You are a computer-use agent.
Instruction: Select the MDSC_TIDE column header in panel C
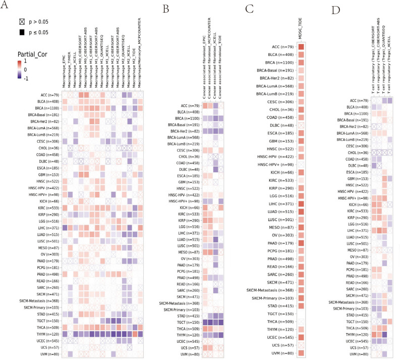click(301, 31)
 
